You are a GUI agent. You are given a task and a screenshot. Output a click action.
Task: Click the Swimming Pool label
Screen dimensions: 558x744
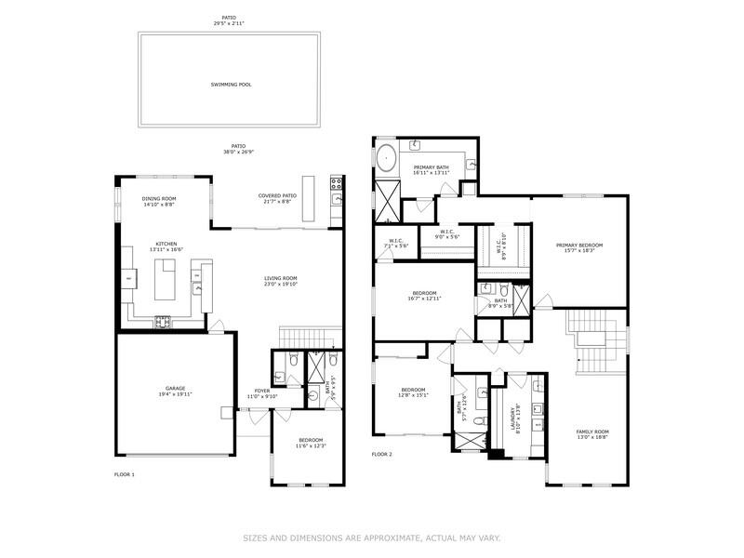coord(231,85)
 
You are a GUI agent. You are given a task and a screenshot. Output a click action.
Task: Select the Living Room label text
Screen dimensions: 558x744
coord(280,281)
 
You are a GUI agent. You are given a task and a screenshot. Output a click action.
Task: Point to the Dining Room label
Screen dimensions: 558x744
coord(159,202)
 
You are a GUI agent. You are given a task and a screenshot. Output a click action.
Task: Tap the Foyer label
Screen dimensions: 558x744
coord(262,392)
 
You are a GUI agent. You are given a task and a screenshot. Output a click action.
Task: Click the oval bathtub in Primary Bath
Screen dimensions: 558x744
coord(386,154)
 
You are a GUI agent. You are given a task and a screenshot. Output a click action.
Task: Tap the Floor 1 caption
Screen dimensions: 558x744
coord(125,475)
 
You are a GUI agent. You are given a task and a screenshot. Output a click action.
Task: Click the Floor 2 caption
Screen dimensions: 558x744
coord(382,455)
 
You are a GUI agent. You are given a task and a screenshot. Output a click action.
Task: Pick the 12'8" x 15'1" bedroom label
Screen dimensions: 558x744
coord(413,392)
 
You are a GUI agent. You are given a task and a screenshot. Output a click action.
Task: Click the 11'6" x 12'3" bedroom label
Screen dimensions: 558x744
coord(311,443)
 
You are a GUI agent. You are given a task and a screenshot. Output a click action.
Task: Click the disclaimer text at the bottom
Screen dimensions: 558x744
coord(372,538)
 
